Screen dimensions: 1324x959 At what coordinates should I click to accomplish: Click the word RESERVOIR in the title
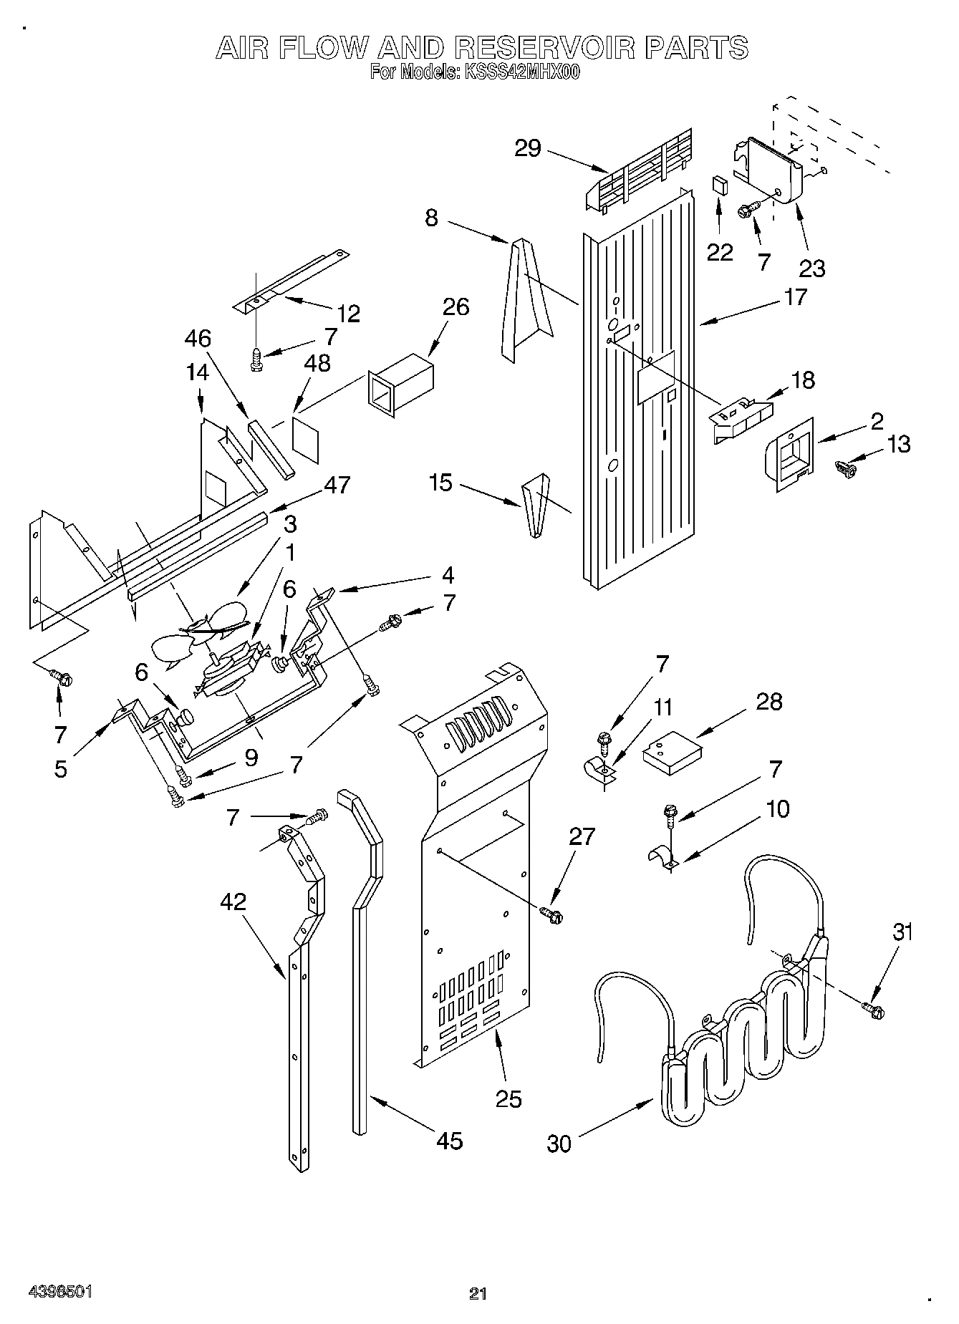coord(545,48)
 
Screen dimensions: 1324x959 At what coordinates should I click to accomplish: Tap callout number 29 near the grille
coord(529,149)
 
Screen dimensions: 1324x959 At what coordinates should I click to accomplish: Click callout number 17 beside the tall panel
coord(795,296)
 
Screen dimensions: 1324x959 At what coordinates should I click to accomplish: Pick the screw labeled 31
coord(875,1010)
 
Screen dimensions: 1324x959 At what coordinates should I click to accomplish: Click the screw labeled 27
coord(552,914)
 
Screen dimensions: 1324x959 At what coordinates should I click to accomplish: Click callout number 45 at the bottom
coord(450,1139)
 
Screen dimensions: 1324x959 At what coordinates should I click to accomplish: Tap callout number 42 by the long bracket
coord(233,902)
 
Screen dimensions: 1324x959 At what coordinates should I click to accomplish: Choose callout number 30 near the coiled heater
coord(559,1143)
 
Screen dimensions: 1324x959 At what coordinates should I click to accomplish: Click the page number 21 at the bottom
coord(478,1292)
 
